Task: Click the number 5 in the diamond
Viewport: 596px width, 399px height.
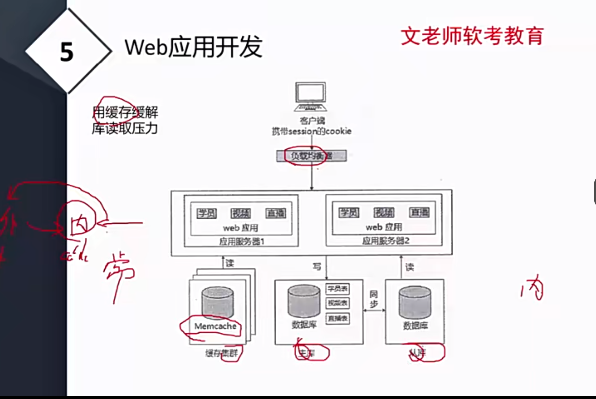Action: pyautogui.click(x=67, y=52)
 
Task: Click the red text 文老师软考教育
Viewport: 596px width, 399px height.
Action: pyautogui.click(x=472, y=36)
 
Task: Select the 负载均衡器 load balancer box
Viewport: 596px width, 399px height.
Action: pyautogui.click(x=311, y=156)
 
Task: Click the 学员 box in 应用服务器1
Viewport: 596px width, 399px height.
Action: pyautogui.click(x=207, y=213)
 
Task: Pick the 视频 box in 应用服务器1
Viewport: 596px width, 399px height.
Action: pyautogui.click(x=241, y=213)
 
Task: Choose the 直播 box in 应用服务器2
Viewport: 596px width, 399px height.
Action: pyautogui.click(x=419, y=212)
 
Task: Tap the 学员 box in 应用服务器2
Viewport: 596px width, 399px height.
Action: pyautogui.click(x=349, y=212)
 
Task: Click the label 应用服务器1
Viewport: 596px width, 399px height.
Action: pyautogui.click(x=241, y=241)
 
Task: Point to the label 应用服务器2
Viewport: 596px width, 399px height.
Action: pyautogui.click(x=386, y=241)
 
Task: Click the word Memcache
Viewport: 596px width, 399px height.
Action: pyautogui.click(x=215, y=326)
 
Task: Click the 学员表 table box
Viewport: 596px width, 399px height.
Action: pyautogui.click(x=338, y=289)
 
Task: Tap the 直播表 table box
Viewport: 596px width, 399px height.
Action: pyautogui.click(x=338, y=318)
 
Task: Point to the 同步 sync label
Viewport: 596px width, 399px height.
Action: pyautogui.click(x=374, y=299)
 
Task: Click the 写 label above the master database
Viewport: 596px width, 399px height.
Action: pyautogui.click(x=317, y=266)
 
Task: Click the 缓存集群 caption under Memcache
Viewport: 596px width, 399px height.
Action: pyautogui.click(x=222, y=353)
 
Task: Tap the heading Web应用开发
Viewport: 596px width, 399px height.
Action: pyautogui.click(x=193, y=47)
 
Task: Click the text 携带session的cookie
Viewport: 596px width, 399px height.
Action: pyautogui.click(x=312, y=131)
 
